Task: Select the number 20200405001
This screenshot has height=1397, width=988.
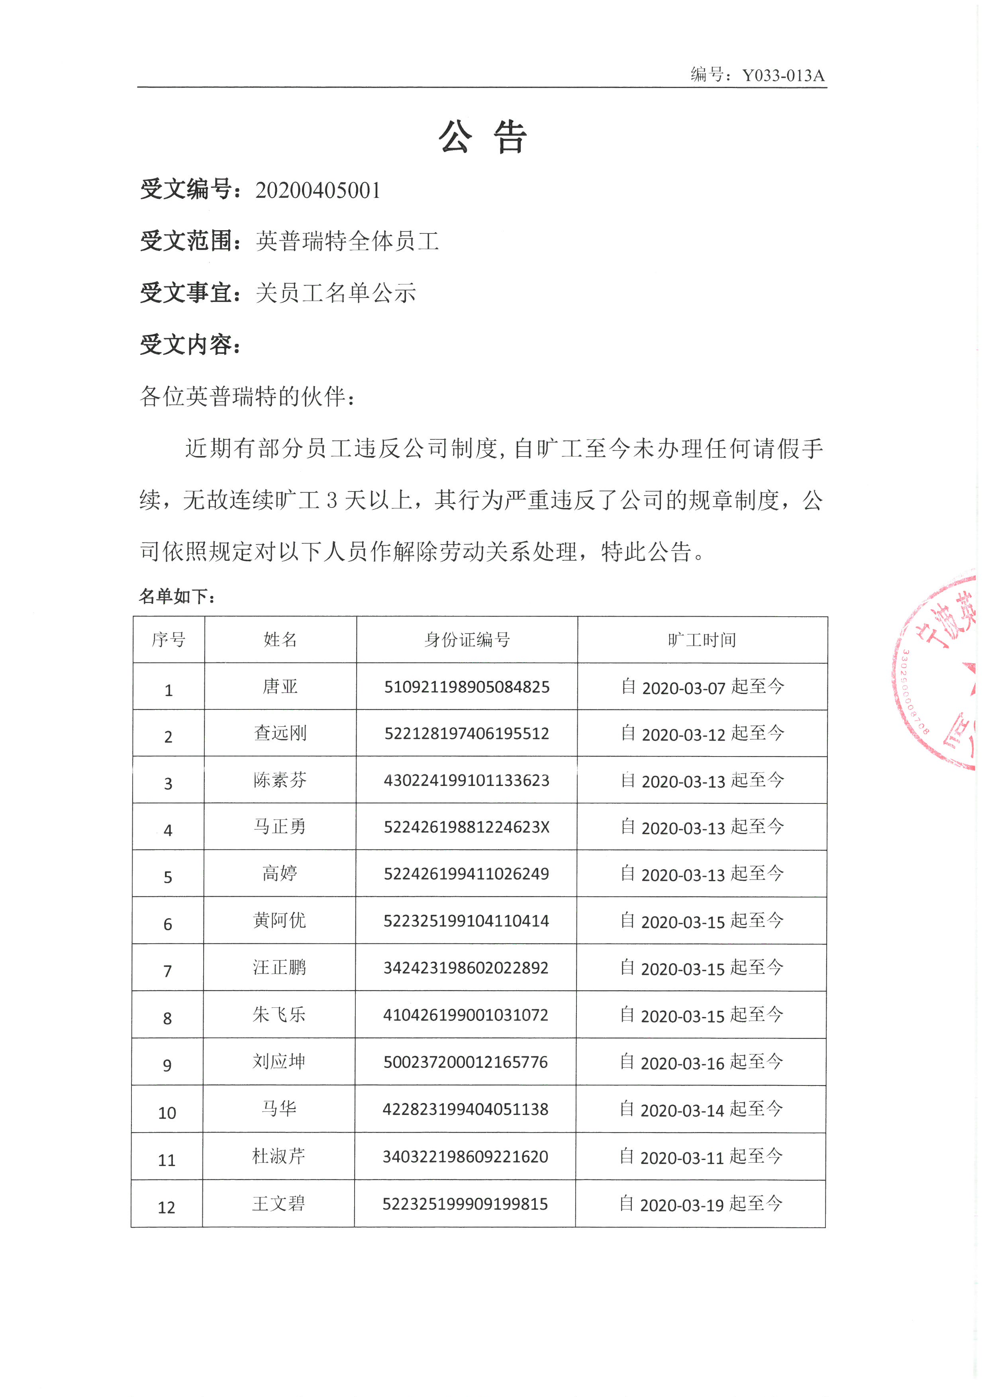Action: pos(318,190)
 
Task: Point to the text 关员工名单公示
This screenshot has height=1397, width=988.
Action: pos(336,293)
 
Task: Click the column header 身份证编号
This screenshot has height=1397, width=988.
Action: pos(467,639)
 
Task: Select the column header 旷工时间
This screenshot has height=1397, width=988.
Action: pos(702,639)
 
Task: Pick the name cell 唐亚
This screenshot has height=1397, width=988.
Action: pos(280,686)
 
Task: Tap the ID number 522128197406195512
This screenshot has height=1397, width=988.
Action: pos(467,733)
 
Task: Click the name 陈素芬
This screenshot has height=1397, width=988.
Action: pos(280,780)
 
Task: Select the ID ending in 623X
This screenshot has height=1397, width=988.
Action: pos(467,827)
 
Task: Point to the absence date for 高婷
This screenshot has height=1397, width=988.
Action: pos(702,874)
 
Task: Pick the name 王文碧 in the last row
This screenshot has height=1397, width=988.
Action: pos(278,1203)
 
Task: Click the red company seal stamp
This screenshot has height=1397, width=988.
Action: pos(940,675)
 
